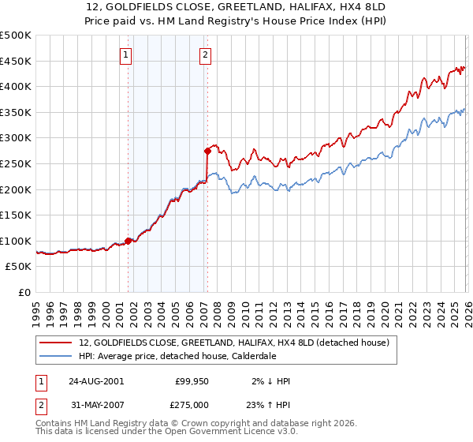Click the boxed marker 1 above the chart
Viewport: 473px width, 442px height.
pyautogui.click(x=127, y=54)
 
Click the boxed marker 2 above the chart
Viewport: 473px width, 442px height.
pyautogui.click(x=205, y=54)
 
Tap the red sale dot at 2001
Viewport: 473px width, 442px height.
pyautogui.click(x=128, y=241)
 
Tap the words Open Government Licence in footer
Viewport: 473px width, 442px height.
pyautogui.click(x=216, y=433)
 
